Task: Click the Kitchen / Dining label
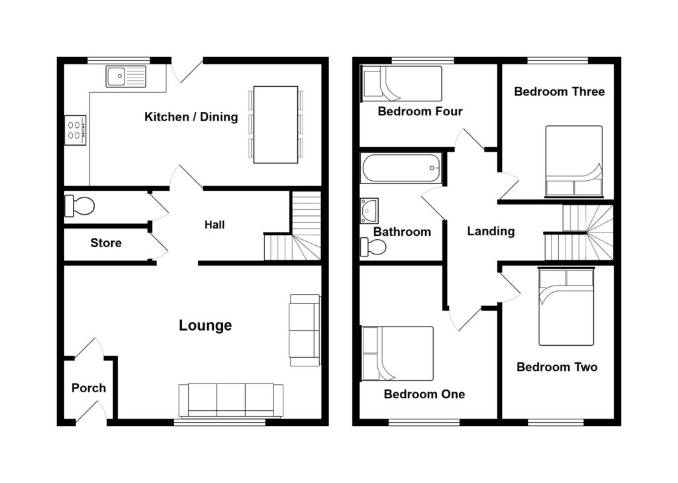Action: pos(191,117)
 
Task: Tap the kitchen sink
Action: pos(126,76)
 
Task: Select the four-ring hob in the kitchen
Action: pos(75,130)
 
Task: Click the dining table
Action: pos(275,124)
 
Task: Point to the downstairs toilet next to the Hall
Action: pos(79,205)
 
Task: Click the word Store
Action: pos(106,243)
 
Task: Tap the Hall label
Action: pos(214,225)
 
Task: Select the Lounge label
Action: pos(205,325)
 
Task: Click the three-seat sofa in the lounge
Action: pos(230,400)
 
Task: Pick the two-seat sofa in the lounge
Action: pos(305,330)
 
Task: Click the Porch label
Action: pos(88,388)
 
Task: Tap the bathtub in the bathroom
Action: pos(401,168)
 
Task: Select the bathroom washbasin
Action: pos(368,211)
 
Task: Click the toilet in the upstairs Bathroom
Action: pos(374,247)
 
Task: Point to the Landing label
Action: pos(491,231)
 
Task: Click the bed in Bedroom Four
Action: pos(401,83)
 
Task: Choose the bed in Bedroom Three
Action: pos(573,161)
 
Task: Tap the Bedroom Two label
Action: pos(557,367)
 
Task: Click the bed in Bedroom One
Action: pos(397,353)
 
